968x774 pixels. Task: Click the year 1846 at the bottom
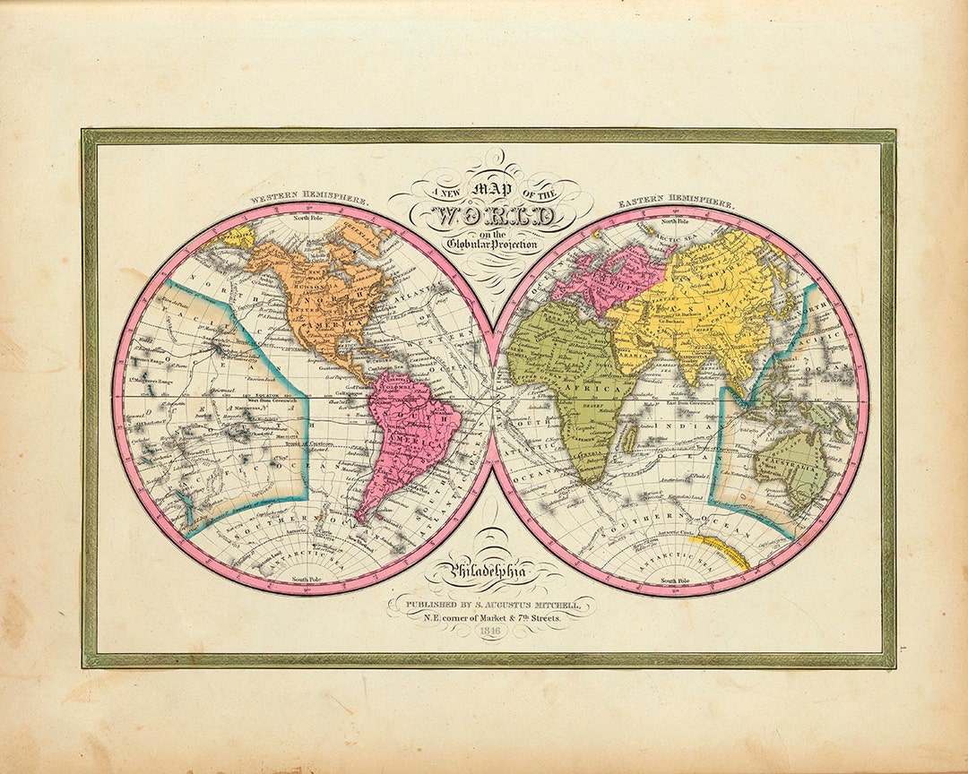click(x=489, y=632)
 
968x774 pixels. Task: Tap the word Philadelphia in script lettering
click(x=490, y=569)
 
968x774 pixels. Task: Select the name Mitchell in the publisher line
click(x=556, y=605)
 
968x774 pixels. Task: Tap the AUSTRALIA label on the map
click(x=789, y=466)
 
